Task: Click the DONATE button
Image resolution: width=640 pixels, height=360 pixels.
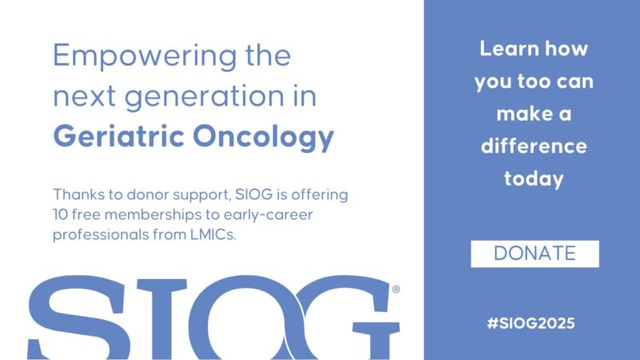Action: pyautogui.click(x=534, y=254)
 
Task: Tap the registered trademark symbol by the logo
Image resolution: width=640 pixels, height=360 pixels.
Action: pyautogui.click(x=396, y=290)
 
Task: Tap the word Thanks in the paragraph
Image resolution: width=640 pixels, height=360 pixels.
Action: pyautogui.click(x=76, y=196)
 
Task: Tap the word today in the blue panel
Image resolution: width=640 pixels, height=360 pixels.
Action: pyautogui.click(x=534, y=179)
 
